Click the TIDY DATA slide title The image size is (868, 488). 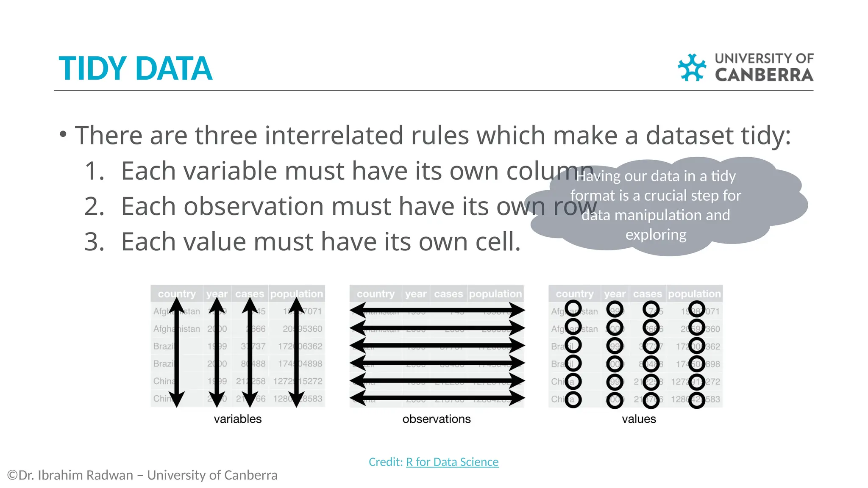[x=135, y=69]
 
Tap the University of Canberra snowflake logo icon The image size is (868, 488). [x=692, y=67]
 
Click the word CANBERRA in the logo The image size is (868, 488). [x=764, y=75]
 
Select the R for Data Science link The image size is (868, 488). [x=452, y=462]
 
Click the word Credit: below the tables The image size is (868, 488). [x=385, y=462]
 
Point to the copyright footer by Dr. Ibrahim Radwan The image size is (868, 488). [x=142, y=475]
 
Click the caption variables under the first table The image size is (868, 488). [x=237, y=419]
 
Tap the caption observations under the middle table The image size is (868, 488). [x=436, y=419]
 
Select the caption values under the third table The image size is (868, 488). [x=639, y=419]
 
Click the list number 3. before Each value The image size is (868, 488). [x=94, y=242]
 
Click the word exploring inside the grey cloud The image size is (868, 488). [x=656, y=235]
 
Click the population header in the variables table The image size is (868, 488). [x=296, y=294]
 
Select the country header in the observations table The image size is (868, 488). [x=376, y=294]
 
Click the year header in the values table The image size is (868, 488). [x=615, y=294]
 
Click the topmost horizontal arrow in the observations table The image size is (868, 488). [x=437, y=310]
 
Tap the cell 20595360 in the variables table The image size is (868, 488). [x=302, y=329]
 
